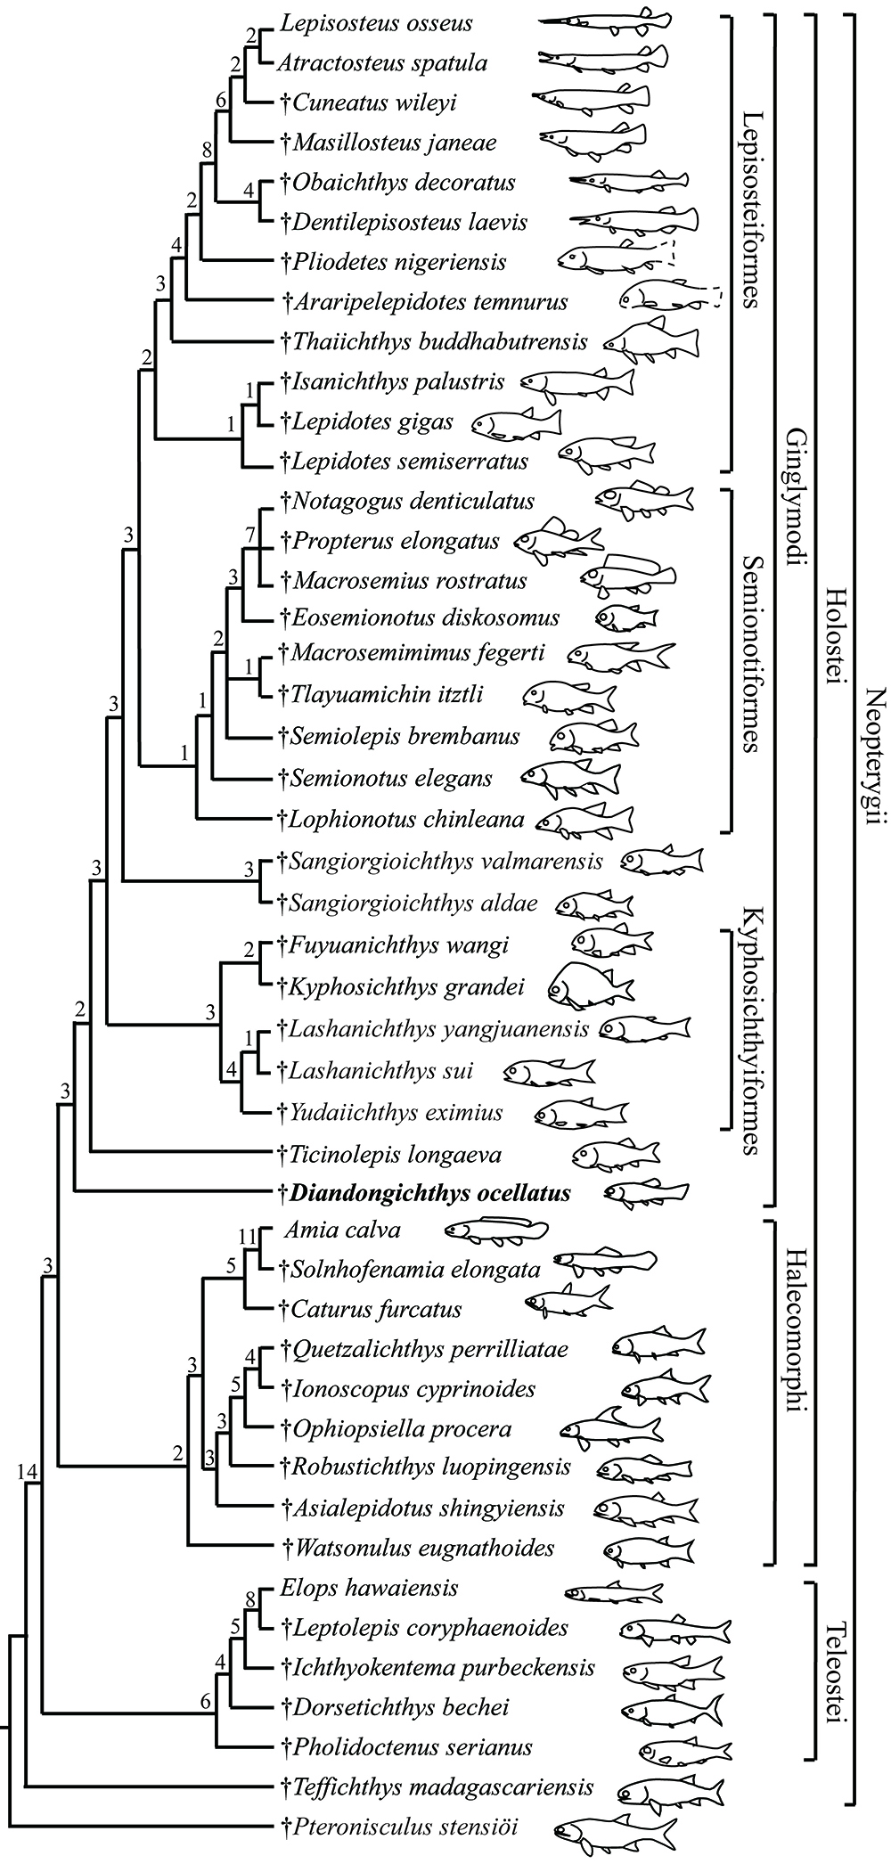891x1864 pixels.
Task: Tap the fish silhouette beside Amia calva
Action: click(x=491, y=1231)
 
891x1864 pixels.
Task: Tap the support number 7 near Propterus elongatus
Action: click(x=250, y=535)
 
